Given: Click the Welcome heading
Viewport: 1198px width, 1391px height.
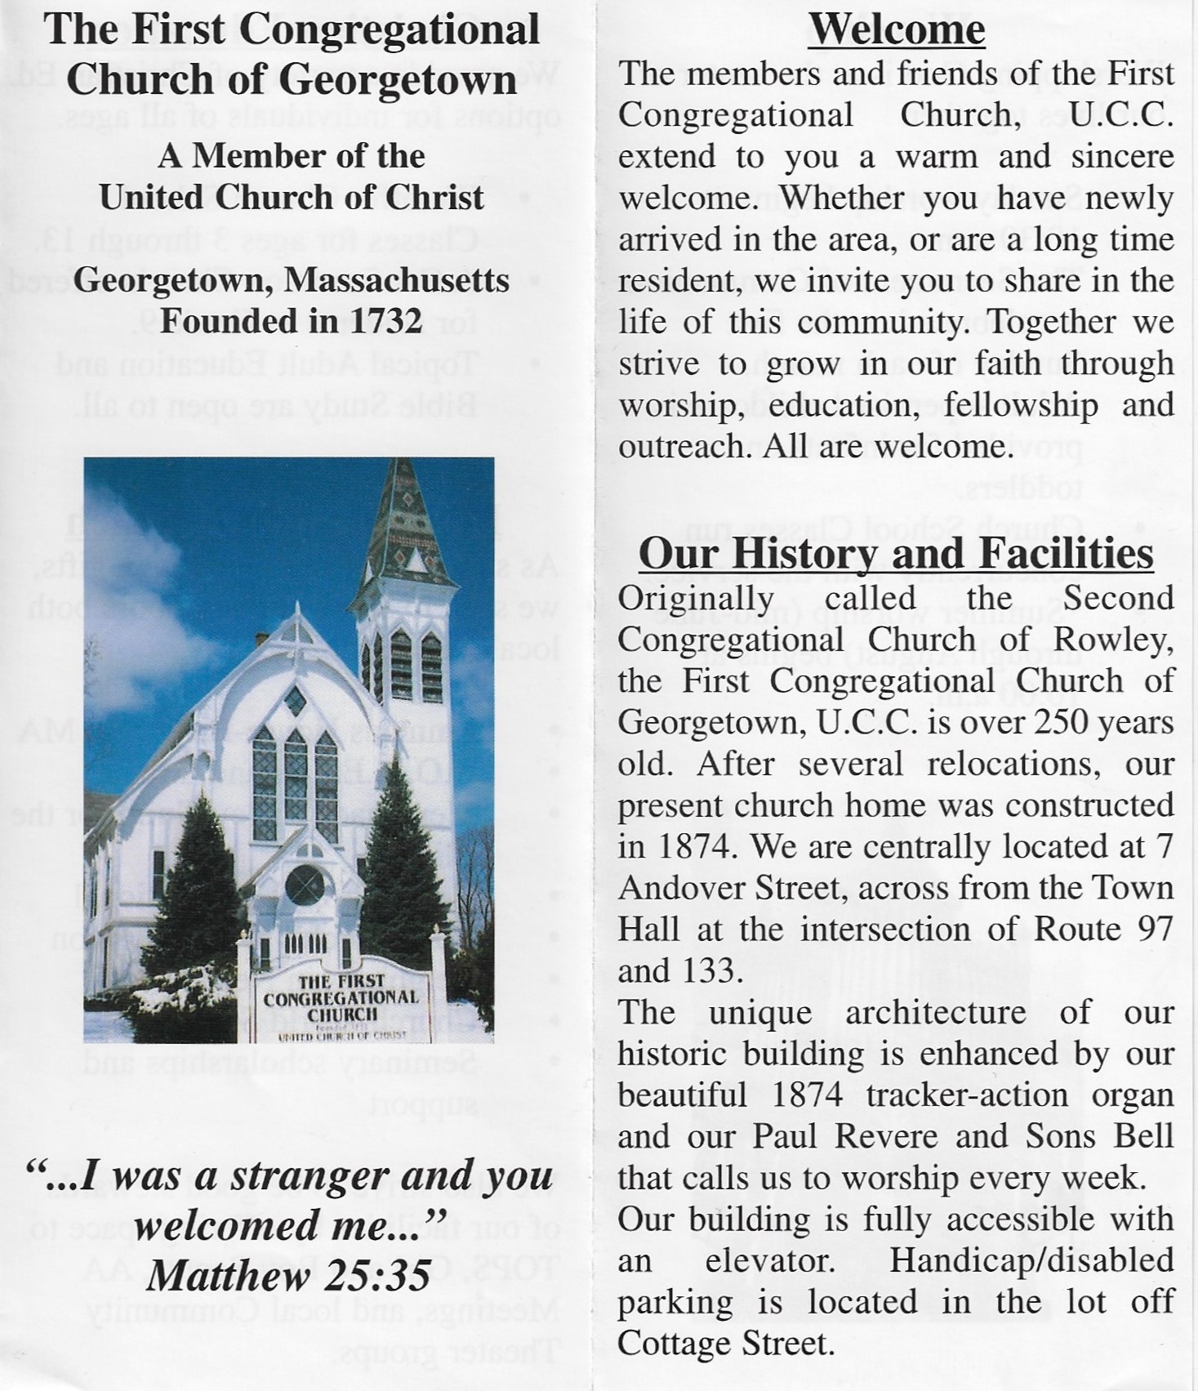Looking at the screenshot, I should pos(897,30).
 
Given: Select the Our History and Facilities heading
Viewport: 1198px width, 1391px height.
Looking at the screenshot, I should pos(896,554).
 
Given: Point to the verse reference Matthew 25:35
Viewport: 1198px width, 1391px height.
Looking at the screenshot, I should pos(288,1276).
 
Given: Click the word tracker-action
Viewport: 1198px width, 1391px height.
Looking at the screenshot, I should pos(967,1095).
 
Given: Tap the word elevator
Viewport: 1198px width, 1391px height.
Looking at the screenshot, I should pos(769,1260).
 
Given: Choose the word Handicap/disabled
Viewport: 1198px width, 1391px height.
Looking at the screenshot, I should pos(1032,1260).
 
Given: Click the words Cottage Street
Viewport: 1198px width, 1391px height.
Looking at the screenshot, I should pos(725,1343).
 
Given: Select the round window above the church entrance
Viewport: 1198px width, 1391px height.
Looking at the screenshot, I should pos(305,885).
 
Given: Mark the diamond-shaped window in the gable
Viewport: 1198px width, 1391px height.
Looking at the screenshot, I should pos(294,700).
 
